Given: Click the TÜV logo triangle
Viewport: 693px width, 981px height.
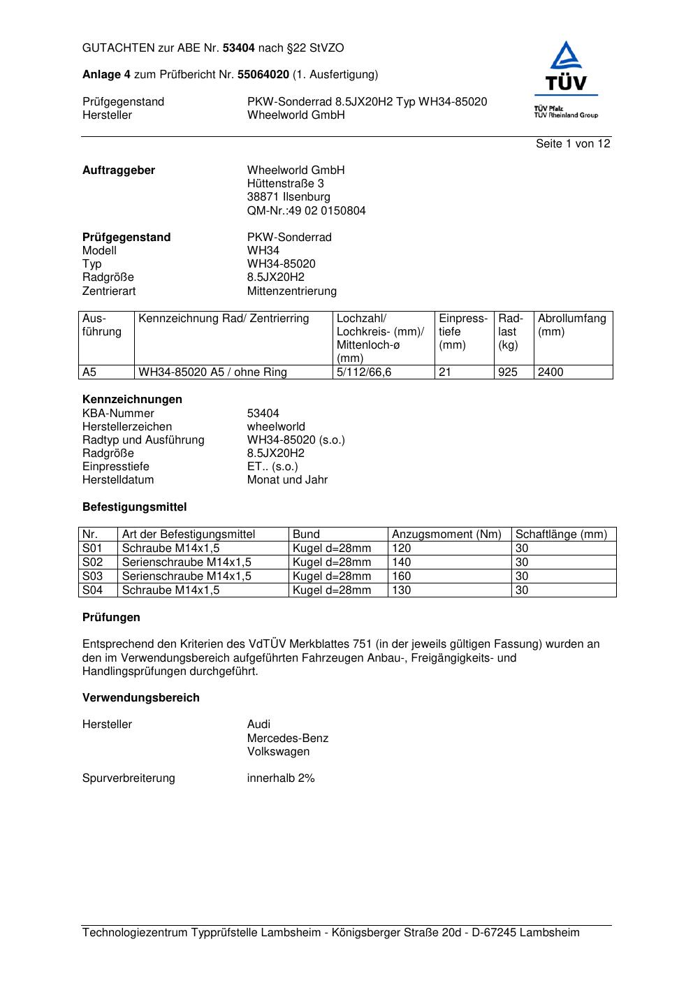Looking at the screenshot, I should [565, 57].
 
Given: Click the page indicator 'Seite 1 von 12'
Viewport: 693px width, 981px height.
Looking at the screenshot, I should [573, 144].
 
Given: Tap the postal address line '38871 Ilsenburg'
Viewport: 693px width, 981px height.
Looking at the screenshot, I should [289, 197].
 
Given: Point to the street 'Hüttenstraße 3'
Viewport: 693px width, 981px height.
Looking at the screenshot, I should [285, 184].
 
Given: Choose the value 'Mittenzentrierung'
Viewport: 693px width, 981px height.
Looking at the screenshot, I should [291, 291].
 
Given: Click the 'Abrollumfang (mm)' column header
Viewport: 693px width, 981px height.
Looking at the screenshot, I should [571, 325].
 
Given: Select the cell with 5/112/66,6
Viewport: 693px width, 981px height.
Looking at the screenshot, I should [364, 372].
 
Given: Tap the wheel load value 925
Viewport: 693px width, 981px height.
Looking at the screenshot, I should [508, 372].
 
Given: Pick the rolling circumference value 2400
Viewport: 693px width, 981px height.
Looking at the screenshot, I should [550, 372].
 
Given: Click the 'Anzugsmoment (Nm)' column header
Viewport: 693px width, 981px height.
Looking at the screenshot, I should [446, 535].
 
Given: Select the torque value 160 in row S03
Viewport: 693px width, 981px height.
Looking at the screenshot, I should [402, 576].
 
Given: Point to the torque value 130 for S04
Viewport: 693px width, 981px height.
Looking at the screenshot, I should [402, 590].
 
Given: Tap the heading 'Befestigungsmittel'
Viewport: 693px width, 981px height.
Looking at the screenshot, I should [134, 507].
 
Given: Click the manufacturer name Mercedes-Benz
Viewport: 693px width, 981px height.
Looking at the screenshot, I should [287, 739].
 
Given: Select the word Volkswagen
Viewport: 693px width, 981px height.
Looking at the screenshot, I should [278, 752].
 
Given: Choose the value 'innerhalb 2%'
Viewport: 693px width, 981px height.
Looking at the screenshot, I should [280, 778].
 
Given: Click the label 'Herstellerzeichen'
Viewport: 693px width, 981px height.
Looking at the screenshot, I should [127, 427].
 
